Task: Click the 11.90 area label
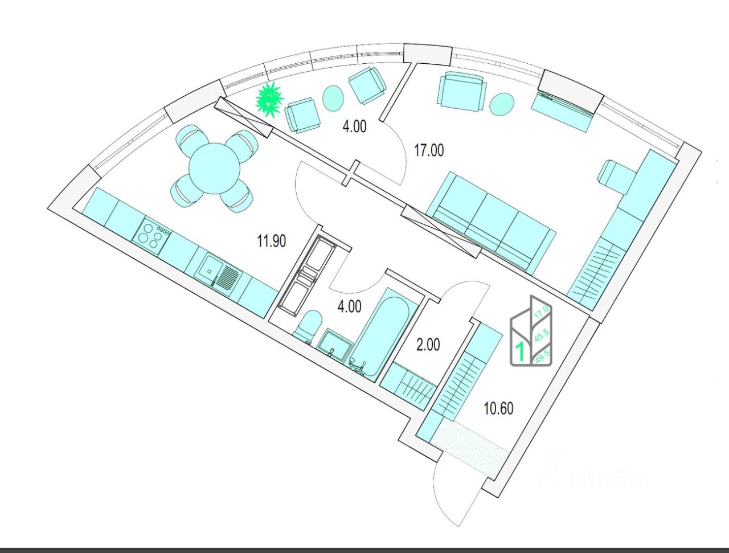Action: (271, 241)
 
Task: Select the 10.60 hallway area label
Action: (498, 408)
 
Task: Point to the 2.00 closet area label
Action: (428, 345)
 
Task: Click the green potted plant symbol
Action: (269, 100)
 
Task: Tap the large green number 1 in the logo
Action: (520, 351)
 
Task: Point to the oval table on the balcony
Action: (333, 98)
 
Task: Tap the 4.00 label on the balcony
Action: (354, 126)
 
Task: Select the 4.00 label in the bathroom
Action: (349, 307)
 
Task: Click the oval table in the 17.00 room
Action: (502, 104)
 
